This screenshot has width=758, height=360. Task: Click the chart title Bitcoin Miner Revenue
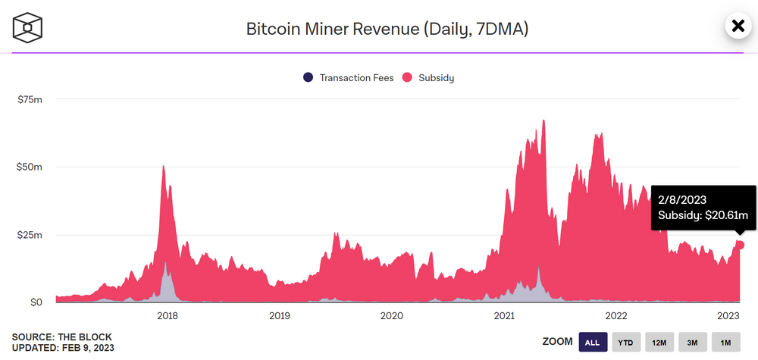387,30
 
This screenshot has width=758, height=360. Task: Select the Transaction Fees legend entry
349,77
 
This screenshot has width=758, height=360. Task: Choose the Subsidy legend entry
428,77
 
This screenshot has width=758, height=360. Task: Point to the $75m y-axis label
30,99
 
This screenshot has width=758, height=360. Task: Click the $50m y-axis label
30,167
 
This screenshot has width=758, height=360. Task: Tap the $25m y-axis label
30,234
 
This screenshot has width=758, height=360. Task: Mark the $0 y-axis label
35,302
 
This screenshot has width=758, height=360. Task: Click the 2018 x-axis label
167,315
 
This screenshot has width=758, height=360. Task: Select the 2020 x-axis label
391,315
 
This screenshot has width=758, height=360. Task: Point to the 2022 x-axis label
615,315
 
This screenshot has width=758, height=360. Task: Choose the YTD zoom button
626,343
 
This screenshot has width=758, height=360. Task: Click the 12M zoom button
659,343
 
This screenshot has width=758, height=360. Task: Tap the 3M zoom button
693,343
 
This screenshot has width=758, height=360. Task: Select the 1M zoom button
725,343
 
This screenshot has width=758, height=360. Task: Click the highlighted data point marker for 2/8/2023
741,245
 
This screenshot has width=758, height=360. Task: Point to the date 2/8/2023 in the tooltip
682,199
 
